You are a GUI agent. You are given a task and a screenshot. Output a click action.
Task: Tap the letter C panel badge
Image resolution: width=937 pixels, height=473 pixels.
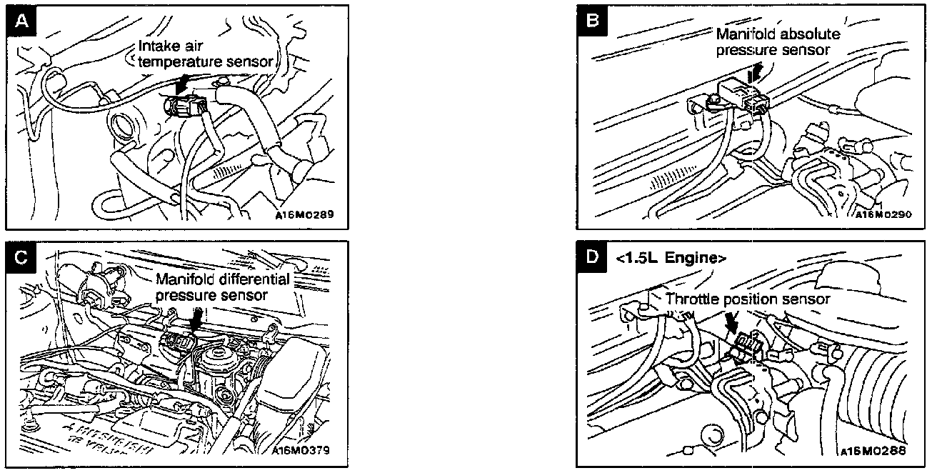click(21, 258)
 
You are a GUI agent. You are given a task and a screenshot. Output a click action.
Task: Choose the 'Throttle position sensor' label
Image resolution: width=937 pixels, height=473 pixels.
click(748, 299)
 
